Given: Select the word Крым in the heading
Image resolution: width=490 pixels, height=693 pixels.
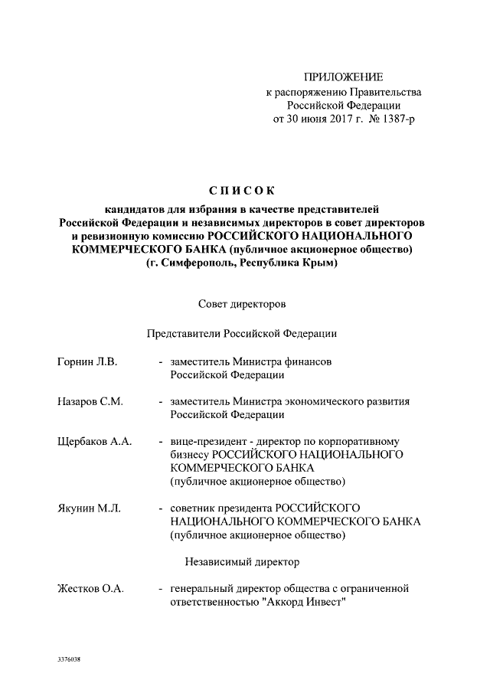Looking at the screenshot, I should click(321, 263).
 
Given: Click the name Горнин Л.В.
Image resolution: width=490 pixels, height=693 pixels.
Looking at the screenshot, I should click(87, 361).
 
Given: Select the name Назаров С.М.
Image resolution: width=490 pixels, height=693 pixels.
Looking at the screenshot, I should click(90, 401).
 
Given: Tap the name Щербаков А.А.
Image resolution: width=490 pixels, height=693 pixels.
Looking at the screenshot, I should click(95, 442).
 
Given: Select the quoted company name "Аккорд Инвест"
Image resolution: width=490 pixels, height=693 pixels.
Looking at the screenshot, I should click(304, 602).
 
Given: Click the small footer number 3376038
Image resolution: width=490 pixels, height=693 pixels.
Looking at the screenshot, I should click(69, 659).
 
